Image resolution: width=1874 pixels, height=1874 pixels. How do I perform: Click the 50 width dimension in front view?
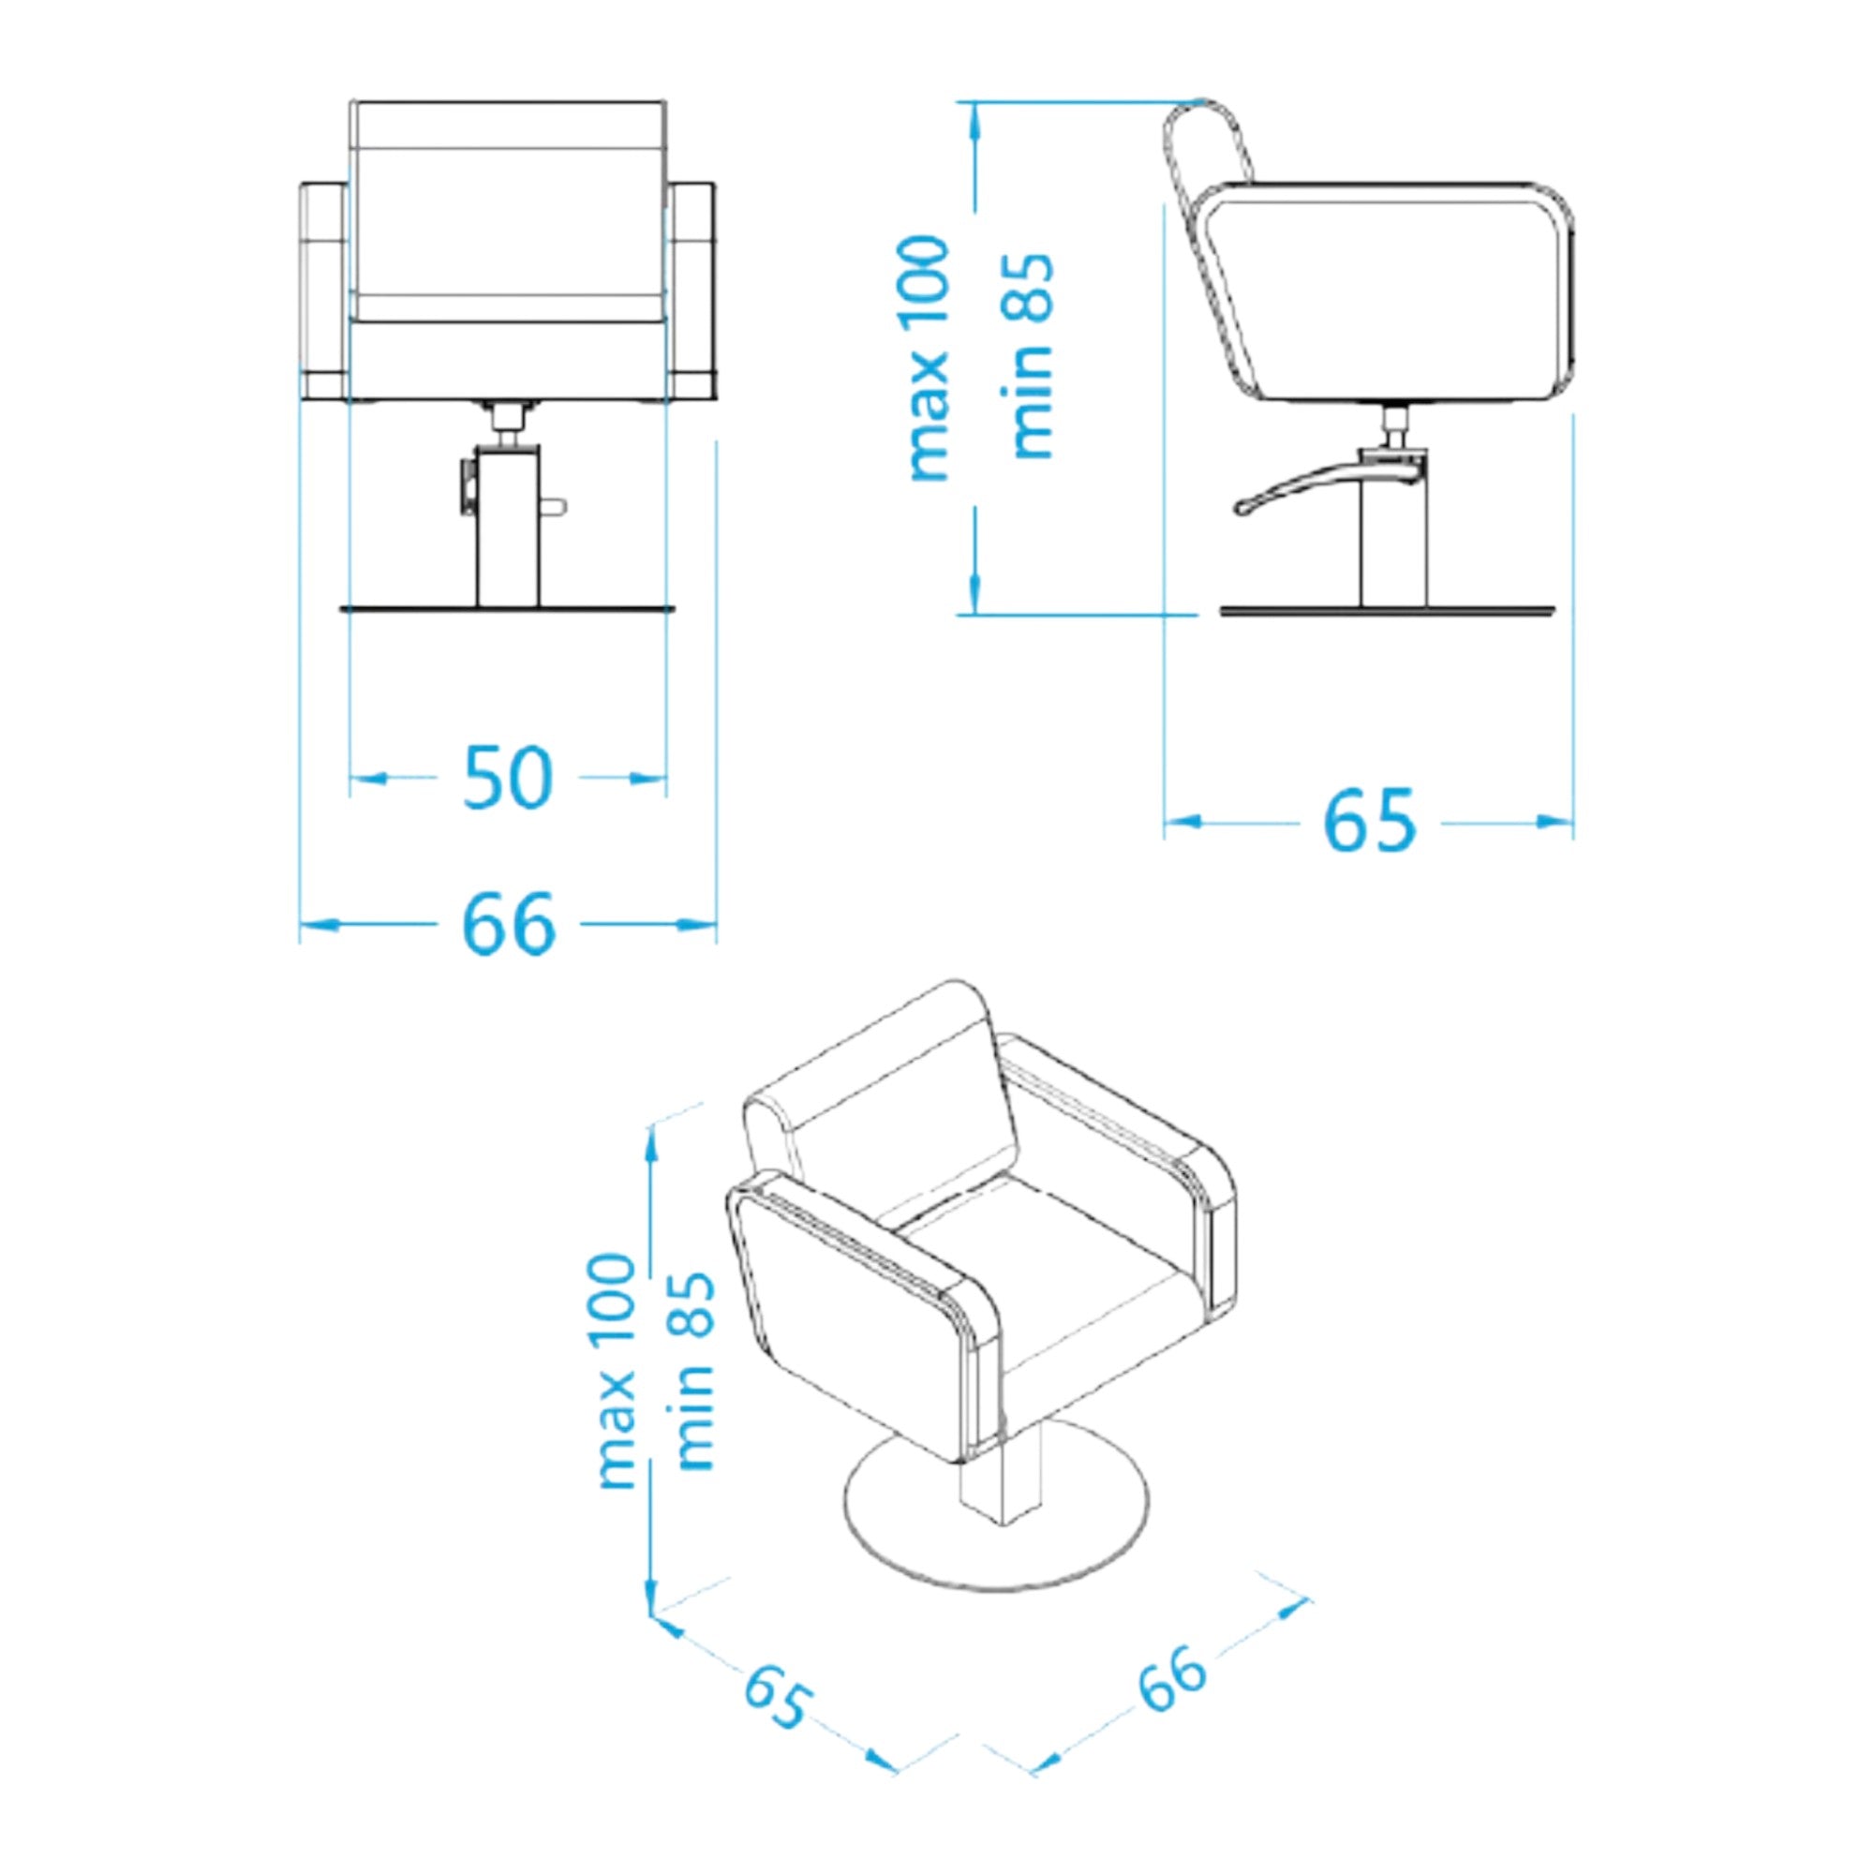click(x=507, y=778)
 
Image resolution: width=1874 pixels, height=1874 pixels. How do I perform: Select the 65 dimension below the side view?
click(x=1369, y=822)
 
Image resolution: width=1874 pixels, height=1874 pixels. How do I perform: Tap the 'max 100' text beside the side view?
click(x=928, y=358)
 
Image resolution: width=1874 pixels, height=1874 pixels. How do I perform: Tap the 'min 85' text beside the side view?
click(x=1031, y=358)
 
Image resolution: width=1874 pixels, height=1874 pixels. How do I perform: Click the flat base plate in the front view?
click(x=507, y=609)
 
